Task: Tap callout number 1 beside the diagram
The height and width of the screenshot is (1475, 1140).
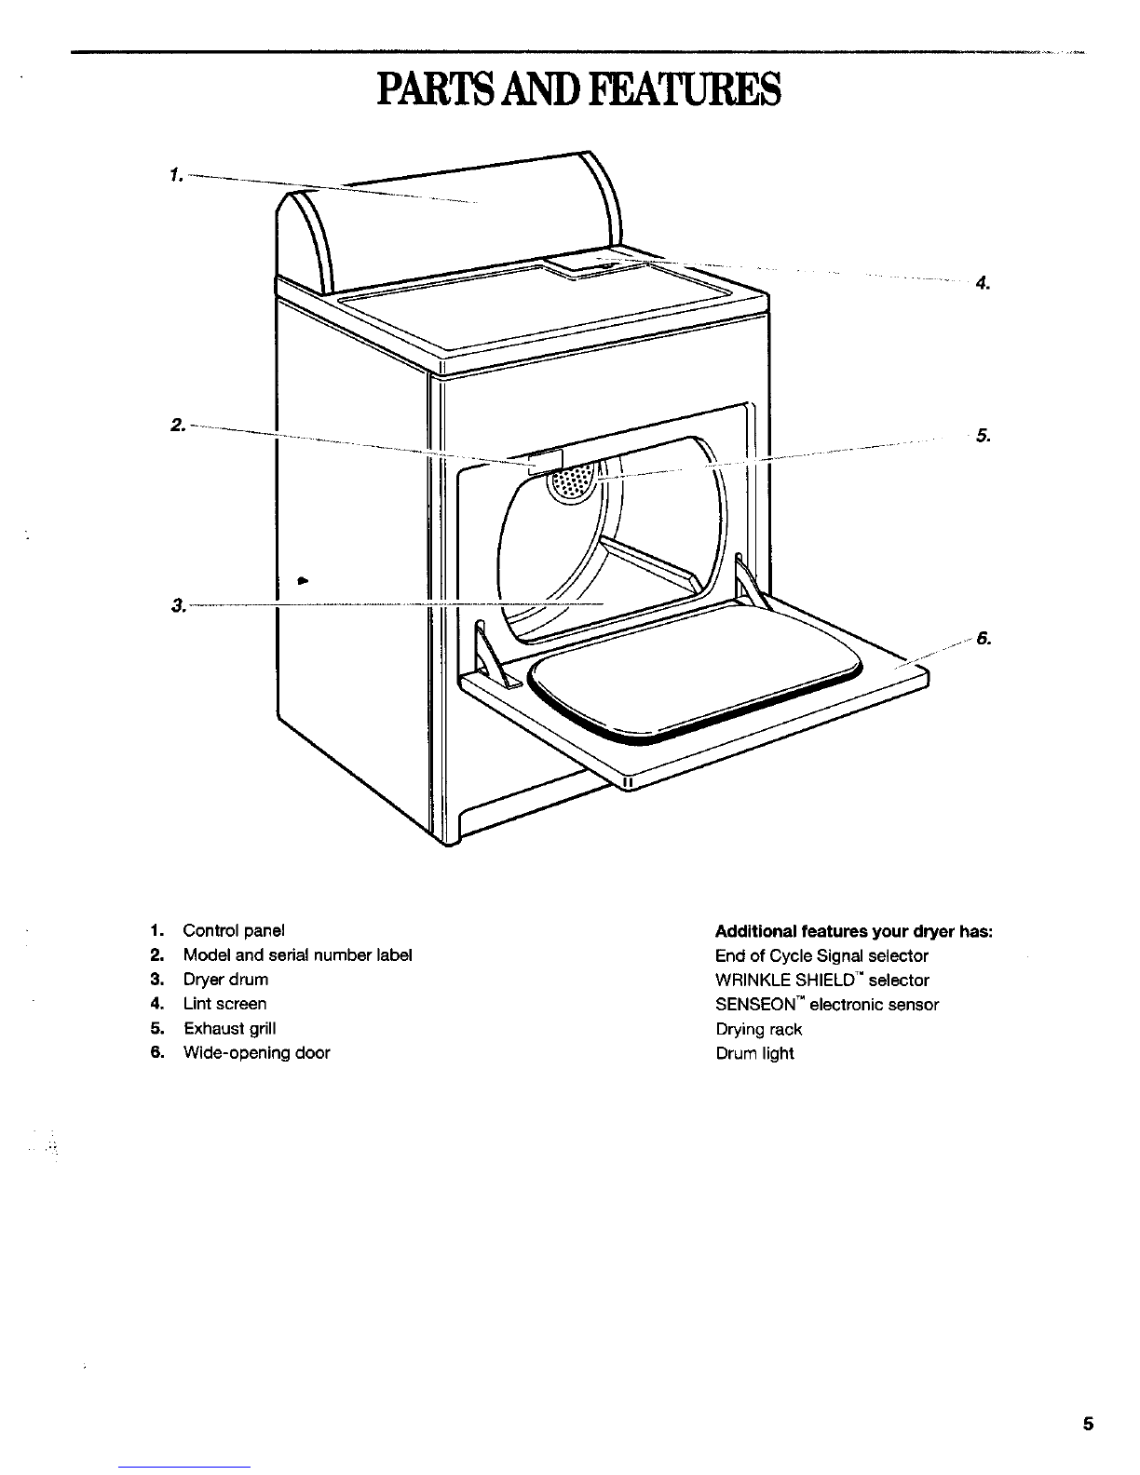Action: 177,175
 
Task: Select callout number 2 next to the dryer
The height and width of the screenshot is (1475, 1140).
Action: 178,426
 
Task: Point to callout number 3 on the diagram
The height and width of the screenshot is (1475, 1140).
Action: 179,604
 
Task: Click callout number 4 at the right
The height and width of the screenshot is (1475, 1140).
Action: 983,283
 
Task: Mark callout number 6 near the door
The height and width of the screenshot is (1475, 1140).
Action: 984,639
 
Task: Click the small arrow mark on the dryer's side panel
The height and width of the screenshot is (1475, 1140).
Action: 303,580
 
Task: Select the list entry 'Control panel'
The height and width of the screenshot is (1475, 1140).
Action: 234,930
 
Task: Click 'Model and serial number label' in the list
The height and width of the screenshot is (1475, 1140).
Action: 297,955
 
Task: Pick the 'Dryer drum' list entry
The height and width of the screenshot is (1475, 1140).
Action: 225,980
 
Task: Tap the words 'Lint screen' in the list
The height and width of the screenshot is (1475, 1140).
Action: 224,1004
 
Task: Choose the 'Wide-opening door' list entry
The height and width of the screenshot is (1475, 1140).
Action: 257,1053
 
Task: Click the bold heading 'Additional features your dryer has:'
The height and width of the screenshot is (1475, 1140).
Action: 854,931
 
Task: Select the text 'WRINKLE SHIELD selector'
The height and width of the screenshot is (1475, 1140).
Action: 822,981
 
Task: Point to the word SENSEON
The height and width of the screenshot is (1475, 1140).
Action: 755,1005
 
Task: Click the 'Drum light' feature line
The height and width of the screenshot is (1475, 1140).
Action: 755,1053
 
